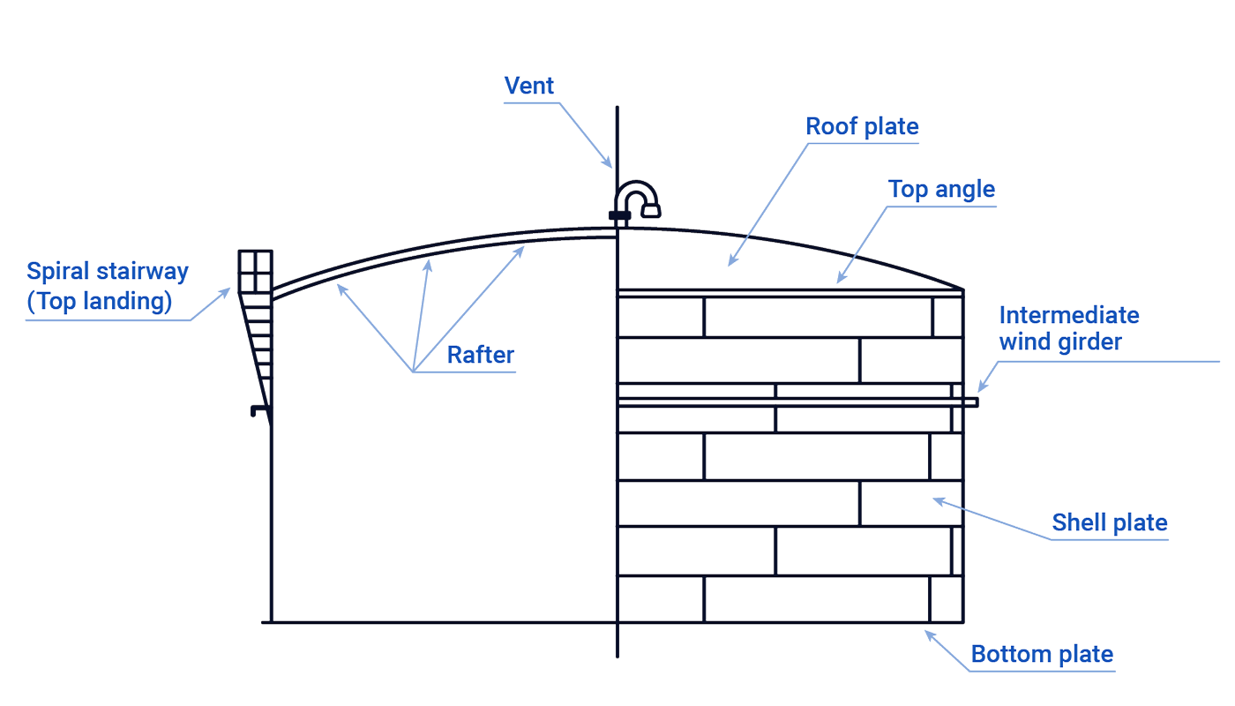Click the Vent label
point(529,86)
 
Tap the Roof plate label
point(862,126)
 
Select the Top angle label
point(941,190)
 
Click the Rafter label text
point(480,355)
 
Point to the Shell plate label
point(1109,522)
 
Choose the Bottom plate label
point(1042,655)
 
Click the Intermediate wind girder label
point(1069,328)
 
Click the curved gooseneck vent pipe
point(636,198)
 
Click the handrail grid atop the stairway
point(255,271)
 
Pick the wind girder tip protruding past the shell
point(971,402)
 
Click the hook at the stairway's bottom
point(256,410)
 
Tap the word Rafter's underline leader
point(464,372)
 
